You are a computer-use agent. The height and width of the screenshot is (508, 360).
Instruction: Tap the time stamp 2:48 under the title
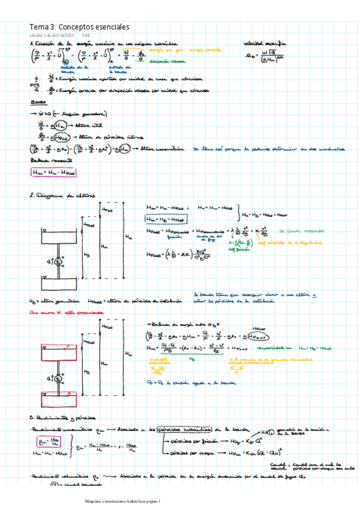pyautogui.click(x=85, y=35)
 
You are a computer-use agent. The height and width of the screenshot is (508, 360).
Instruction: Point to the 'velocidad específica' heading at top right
pyautogui.click(x=265, y=44)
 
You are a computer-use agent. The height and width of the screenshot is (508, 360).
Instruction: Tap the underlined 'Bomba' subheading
pyautogui.click(x=37, y=102)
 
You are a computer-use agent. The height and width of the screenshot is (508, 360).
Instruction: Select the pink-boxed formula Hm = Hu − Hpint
pyautogui.click(x=54, y=172)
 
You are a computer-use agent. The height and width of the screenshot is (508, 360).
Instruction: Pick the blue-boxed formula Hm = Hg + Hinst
pyautogui.click(x=166, y=218)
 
